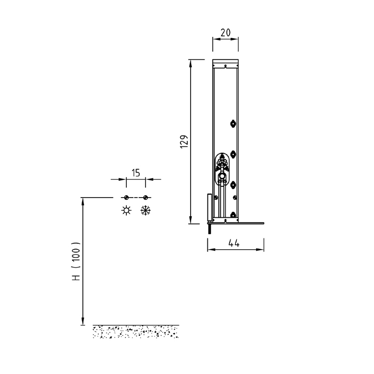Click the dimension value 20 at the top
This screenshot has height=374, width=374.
point(226,32)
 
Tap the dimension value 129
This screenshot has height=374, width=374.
point(184,142)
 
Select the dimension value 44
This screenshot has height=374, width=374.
point(234,243)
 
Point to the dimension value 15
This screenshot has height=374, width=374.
point(136,173)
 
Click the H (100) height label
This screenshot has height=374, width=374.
point(76,261)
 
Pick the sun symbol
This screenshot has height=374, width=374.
point(126,210)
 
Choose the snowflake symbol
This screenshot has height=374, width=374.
point(145,210)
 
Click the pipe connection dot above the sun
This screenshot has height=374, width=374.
point(126,198)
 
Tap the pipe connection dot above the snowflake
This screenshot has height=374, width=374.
point(145,198)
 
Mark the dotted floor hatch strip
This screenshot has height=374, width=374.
point(136,332)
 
